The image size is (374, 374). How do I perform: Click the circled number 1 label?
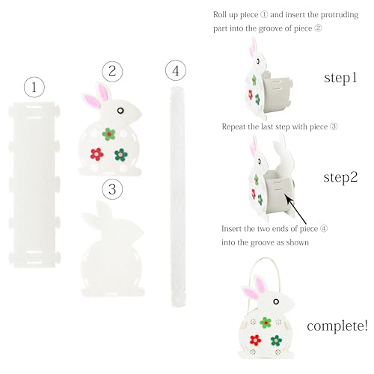(34, 88)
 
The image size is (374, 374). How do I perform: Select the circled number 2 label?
(112, 71)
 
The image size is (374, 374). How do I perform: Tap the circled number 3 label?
(112, 189)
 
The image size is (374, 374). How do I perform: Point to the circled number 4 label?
(176, 70)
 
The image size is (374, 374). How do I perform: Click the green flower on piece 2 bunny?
(108, 134)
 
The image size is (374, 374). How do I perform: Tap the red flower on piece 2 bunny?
(96, 154)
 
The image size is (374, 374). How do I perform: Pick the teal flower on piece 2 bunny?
(121, 155)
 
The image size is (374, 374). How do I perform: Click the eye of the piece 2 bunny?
(120, 111)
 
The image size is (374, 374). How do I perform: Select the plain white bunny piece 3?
(112, 249)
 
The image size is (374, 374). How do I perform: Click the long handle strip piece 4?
(178, 196)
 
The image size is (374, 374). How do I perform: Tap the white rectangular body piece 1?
(34, 185)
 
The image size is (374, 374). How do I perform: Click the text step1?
(340, 78)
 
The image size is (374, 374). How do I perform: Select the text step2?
(340, 177)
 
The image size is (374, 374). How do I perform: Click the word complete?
(337, 325)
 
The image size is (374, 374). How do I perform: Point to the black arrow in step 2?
(296, 209)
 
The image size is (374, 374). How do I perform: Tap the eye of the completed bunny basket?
(276, 301)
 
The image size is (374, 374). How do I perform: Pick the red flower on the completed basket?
(255, 340)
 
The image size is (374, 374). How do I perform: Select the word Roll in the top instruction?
(219, 15)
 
